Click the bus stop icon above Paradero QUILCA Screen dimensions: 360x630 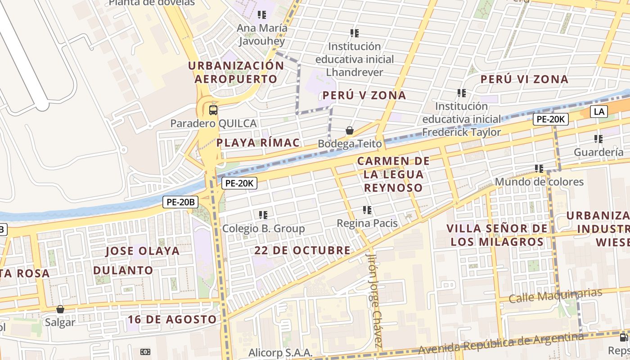point(213,110)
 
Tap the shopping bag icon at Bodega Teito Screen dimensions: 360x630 point(349,131)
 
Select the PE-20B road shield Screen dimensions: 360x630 point(180,202)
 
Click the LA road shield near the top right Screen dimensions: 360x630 point(599,111)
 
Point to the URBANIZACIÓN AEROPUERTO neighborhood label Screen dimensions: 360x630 point(236,72)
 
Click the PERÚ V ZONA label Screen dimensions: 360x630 point(364,95)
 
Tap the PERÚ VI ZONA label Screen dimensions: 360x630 point(524,80)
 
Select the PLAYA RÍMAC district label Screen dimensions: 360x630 point(258,143)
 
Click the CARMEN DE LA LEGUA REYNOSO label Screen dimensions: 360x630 point(393,174)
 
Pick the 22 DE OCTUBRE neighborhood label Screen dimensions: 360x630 point(302,250)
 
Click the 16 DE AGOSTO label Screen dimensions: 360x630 point(172,319)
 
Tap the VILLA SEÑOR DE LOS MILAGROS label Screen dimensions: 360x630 point(497,235)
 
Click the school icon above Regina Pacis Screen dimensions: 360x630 point(367,210)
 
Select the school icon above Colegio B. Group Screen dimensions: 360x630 point(263,215)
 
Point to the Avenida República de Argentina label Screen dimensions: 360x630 point(501,343)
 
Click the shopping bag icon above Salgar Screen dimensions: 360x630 point(60,310)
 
